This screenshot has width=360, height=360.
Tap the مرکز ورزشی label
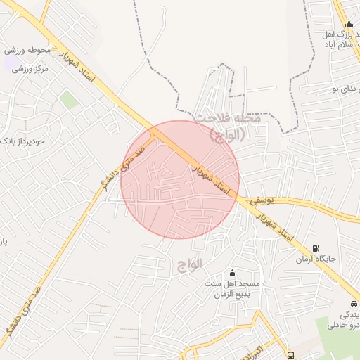click(x=30, y=69)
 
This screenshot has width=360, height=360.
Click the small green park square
click(x=69, y=100)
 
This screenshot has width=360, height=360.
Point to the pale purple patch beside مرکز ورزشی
click(x=11, y=65)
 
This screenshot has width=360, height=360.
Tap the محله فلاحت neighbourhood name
click(x=229, y=120)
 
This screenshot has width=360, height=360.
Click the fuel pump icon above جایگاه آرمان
click(x=315, y=248)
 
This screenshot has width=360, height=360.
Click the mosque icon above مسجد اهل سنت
click(x=233, y=273)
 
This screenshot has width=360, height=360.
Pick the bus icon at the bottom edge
click(x=291, y=355)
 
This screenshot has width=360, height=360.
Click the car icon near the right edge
click(x=354, y=304)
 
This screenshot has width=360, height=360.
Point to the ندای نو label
click(x=340, y=89)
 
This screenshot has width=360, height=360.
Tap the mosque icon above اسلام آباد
click(x=349, y=25)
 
